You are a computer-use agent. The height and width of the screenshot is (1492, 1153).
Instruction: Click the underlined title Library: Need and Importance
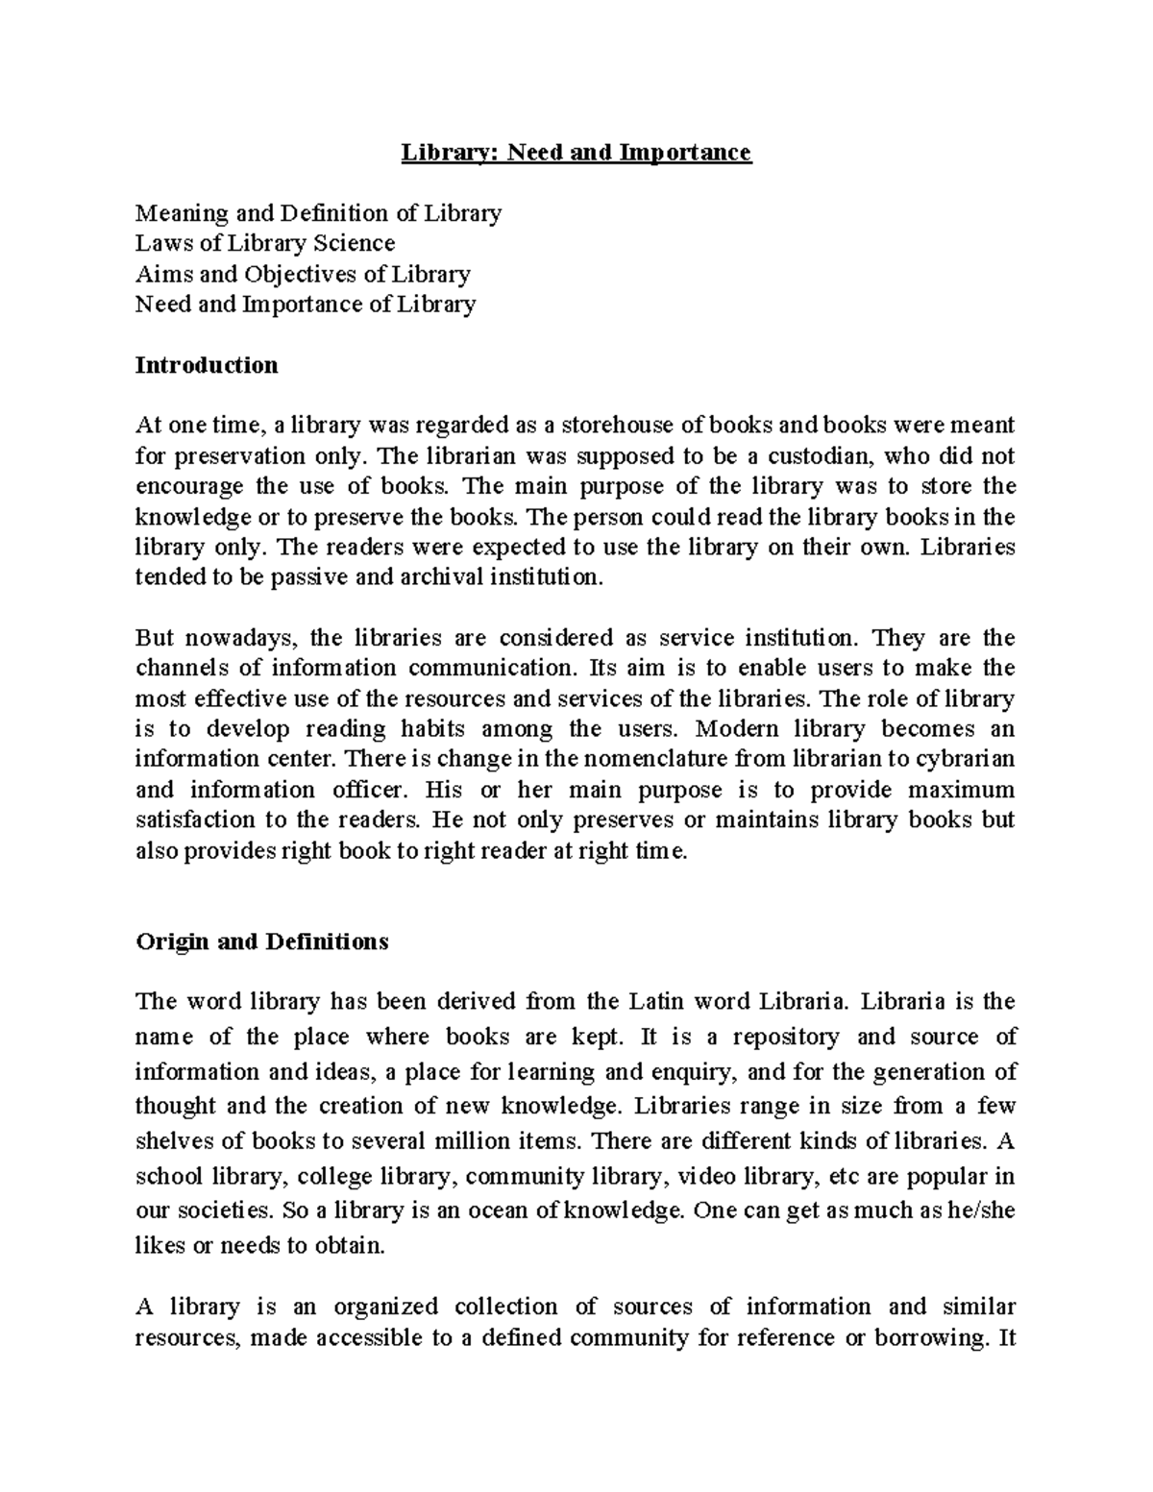click(x=576, y=153)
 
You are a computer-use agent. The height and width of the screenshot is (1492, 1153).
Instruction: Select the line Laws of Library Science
click(x=265, y=243)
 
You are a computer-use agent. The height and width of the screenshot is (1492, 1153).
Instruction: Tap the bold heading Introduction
click(x=207, y=365)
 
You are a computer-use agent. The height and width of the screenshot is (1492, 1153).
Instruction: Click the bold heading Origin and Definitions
click(x=262, y=942)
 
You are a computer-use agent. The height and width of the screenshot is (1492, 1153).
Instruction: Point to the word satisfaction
click(x=193, y=820)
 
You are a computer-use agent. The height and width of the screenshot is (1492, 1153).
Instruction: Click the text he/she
click(x=982, y=1211)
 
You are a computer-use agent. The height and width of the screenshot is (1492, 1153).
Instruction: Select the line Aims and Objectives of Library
click(x=303, y=274)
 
